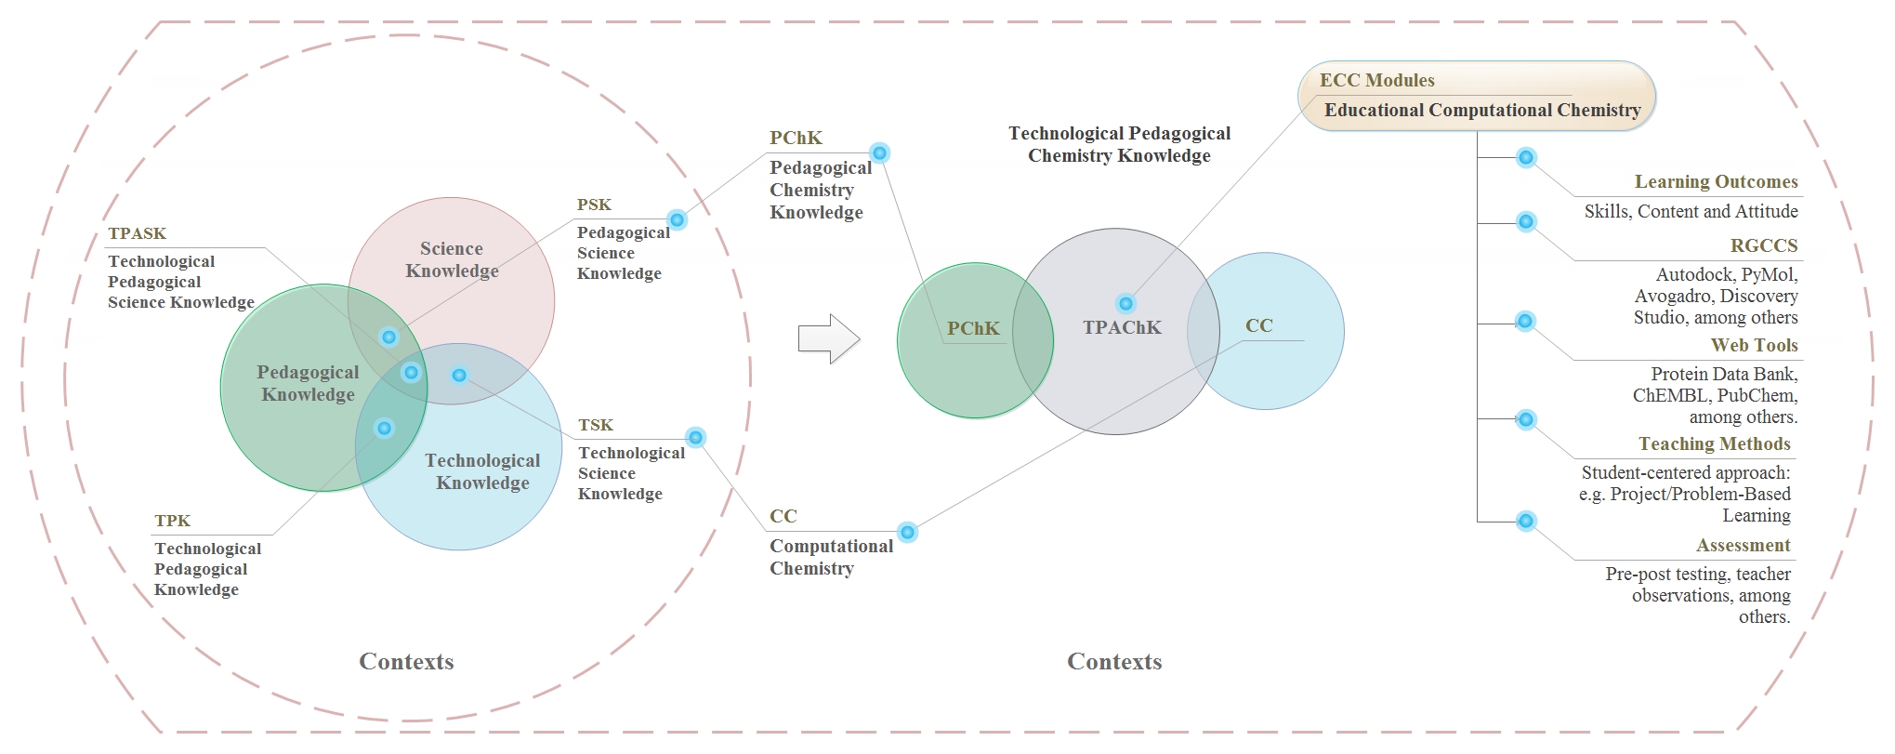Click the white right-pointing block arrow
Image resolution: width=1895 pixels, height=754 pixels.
tap(828, 338)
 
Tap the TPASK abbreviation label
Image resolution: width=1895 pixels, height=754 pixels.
tap(137, 233)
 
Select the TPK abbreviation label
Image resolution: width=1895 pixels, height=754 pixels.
tap(172, 521)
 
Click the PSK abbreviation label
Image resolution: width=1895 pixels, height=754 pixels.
tap(594, 205)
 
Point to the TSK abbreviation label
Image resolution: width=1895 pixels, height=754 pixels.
tap(596, 425)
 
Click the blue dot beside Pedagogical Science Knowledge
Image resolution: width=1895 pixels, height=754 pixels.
tap(678, 220)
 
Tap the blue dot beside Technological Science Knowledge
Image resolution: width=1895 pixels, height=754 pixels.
tap(695, 438)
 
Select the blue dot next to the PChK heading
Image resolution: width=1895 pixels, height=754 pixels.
tap(879, 153)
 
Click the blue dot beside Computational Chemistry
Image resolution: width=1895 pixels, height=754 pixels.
tap(908, 533)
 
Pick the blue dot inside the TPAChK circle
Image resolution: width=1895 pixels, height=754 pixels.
tap(1125, 304)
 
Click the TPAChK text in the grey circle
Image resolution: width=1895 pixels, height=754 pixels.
tap(1122, 327)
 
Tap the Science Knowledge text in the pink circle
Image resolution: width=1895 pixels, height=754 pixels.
tap(452, 259)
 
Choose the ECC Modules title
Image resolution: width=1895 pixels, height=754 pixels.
tap(1376, 80)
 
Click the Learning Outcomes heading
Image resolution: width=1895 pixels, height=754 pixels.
tap(1716, 182)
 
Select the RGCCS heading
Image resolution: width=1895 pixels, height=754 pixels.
tap(1763, 246)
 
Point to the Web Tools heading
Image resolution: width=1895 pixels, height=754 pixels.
tap(1754, 346)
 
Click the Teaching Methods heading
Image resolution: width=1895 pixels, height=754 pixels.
tap(1714, 444)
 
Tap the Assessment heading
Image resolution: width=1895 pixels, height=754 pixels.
tap(1743, 546)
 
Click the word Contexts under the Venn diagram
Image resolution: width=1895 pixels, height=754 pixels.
tap(406, 662)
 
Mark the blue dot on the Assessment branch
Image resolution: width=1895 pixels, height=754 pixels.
tap(1525, 522)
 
